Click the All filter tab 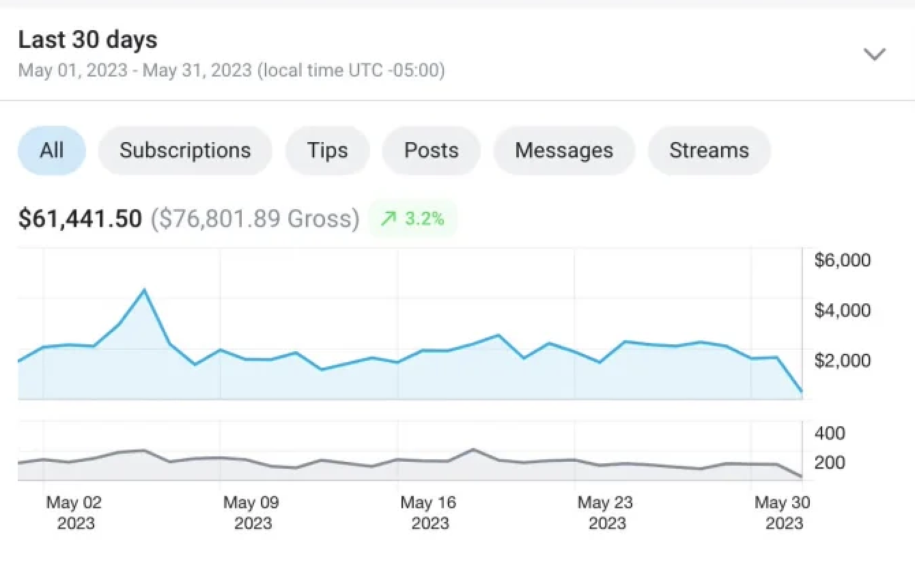point(51,150)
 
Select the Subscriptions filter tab point(185,150)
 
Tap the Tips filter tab point(327,150)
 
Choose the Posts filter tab point(431,150)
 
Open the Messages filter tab point(564,150)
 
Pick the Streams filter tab point(709,150)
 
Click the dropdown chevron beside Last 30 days point(875,54)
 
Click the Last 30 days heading point(87,40)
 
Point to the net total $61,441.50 point(80,219)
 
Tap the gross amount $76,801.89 point(254,219)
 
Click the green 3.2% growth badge point(412,219)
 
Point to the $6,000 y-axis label point(843,260)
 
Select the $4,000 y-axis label point(843,310)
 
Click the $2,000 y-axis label point(843,360)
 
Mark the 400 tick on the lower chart point(830,433)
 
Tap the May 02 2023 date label point(74,513)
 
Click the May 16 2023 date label point(429,513)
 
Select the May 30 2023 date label point(783,513)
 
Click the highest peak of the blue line point(144,290)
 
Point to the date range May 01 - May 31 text point(231,70)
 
